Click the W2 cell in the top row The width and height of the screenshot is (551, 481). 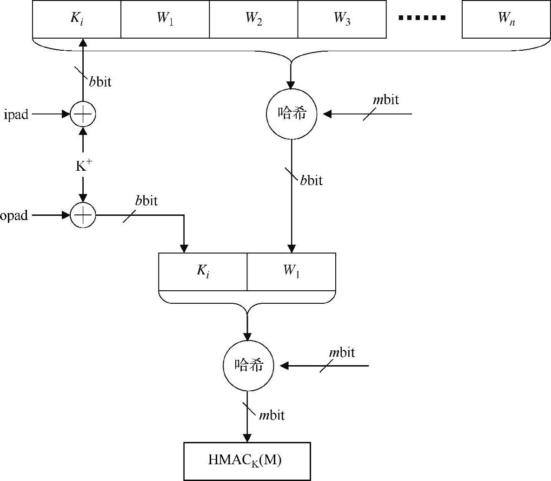[253, 19]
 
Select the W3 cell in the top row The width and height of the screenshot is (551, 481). [342, 19]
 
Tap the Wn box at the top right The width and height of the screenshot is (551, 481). [506, 19]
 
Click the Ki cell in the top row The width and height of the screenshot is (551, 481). [77, 19]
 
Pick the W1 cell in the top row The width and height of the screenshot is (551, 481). [165, 19]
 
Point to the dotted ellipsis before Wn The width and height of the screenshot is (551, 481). [423, 18]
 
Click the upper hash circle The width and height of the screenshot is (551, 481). [292, 114]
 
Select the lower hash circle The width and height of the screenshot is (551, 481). [247, 366]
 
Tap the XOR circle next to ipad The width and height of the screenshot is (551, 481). [83, 114]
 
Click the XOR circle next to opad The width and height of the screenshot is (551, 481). [83, 215]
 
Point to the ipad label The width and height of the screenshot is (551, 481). [16, 114]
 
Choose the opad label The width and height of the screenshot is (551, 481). [14, 215]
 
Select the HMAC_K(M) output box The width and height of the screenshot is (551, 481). [247, 461]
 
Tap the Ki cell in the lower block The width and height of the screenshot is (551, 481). [203, 272]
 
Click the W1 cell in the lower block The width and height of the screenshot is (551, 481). [291, 272]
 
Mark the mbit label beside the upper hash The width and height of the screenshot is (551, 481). [386, 100]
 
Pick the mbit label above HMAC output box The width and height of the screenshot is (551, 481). [272, 415]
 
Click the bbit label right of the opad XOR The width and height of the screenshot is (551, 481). [146, 201]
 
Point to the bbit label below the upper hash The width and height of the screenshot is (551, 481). [311, 180]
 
